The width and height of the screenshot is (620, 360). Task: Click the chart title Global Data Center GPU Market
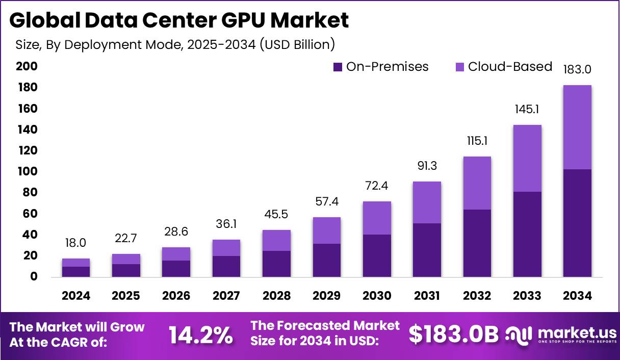point(179,20)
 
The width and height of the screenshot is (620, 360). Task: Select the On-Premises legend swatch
point(338,67)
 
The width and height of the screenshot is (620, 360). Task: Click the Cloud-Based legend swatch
point(459,67)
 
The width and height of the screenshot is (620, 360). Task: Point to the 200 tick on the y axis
point(27,66)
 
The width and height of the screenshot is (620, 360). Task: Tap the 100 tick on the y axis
point(27,171)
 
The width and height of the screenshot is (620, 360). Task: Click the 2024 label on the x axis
point(76,296)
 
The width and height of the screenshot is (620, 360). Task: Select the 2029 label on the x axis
point(327,296)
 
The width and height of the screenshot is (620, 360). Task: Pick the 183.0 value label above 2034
point(577,69)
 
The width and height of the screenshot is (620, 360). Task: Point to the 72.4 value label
point(377,186)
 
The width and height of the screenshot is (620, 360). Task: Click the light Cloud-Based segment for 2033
point(527,158)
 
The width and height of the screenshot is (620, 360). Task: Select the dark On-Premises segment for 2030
point(377,255)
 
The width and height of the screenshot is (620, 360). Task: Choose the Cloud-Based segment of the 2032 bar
point(477,183)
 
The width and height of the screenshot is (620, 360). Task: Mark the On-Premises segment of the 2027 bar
point(226,266)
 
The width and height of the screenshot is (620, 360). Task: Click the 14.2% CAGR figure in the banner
point(200,335)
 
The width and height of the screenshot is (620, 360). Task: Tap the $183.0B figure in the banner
point(453,334)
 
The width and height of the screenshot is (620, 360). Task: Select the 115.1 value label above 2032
point(477,141)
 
